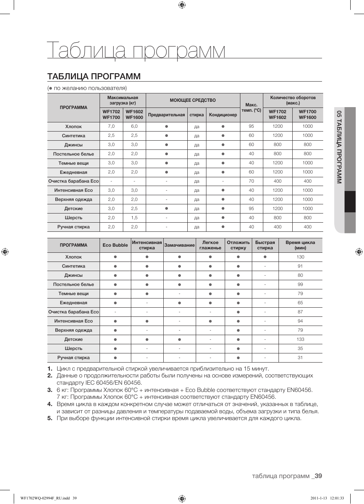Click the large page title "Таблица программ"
136,51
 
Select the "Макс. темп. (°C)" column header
251,108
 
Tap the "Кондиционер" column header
223,115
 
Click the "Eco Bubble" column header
115,245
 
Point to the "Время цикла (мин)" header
300,245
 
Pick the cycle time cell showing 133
300,339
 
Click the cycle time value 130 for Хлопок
300,257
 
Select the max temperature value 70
251,181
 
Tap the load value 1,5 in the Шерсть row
134,218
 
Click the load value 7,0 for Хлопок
111,126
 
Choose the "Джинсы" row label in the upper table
74,145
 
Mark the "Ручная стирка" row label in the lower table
74,358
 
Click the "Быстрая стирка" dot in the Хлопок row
265,257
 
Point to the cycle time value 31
300,358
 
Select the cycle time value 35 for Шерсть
300,348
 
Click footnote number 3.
50,390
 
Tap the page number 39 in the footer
318,476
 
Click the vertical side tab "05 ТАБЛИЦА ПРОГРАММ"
339,147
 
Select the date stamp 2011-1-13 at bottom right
319,498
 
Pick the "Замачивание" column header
179,245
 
